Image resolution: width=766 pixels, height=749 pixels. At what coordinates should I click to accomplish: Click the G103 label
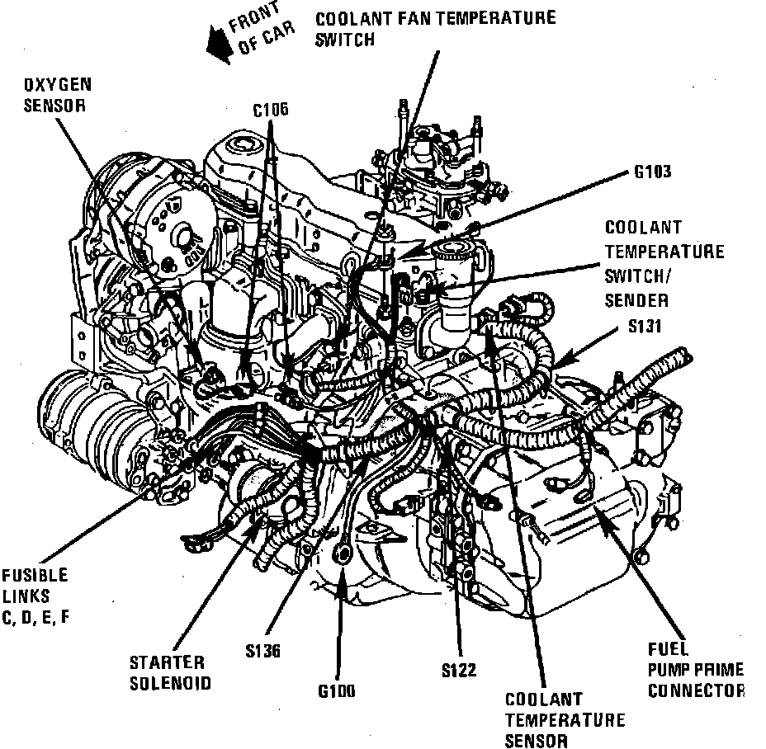pos(652,172)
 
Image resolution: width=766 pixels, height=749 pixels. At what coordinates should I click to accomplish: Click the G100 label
pos(336,691)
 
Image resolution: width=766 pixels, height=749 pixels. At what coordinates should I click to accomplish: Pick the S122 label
pos(459,671)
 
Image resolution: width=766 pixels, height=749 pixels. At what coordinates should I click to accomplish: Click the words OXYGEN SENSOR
pos(57,95)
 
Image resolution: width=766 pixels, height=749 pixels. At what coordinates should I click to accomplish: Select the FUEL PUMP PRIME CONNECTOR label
pos(695,670)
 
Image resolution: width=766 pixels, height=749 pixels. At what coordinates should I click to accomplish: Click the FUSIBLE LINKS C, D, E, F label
pos(35,596)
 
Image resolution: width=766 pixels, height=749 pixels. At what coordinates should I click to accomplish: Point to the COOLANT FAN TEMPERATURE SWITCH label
pos(436,28)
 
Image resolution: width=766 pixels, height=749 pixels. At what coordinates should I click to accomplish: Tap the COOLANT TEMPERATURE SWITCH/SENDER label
pos(664,263)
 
